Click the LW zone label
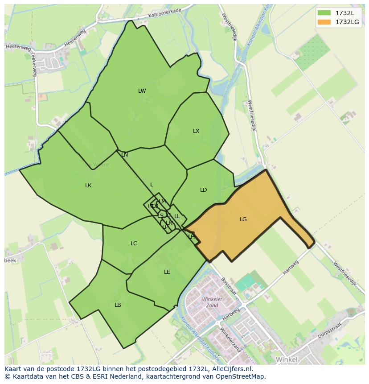pos(142,91)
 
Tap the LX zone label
pos(196,131)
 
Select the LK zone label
pos(88,186)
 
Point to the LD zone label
pos(203,190)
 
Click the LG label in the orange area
pos(243,219)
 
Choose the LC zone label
pos(134,244)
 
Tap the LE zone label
pos(167,272)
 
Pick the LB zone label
pos(118,305)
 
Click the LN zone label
pos(125,155)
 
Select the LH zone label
pos(191,237)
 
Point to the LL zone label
pos(177,216)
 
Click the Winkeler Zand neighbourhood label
pos(212,302)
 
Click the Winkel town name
pos(286,359)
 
